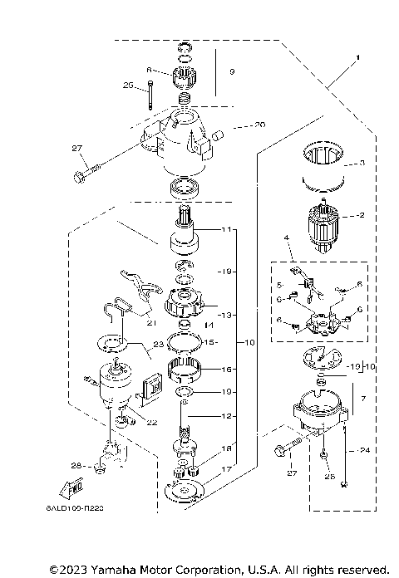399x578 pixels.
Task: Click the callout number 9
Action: point(232,73)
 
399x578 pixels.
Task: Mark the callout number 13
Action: point(222,316)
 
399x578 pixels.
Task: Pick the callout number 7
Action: point(361,399)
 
